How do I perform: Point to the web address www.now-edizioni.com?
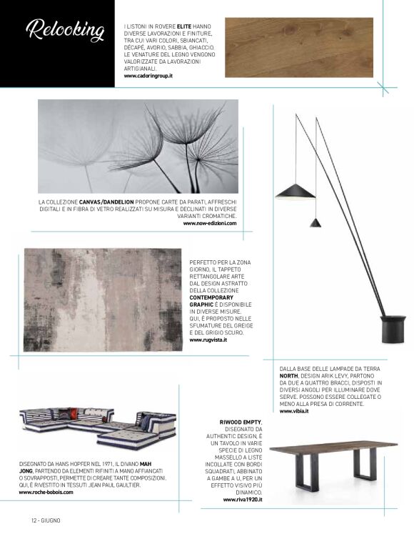tap(210, 223)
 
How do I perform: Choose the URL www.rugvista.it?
tap(208, 340)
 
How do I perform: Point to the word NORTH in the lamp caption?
tap(288, 375)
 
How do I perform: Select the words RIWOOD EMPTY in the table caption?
tap(241, 422)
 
